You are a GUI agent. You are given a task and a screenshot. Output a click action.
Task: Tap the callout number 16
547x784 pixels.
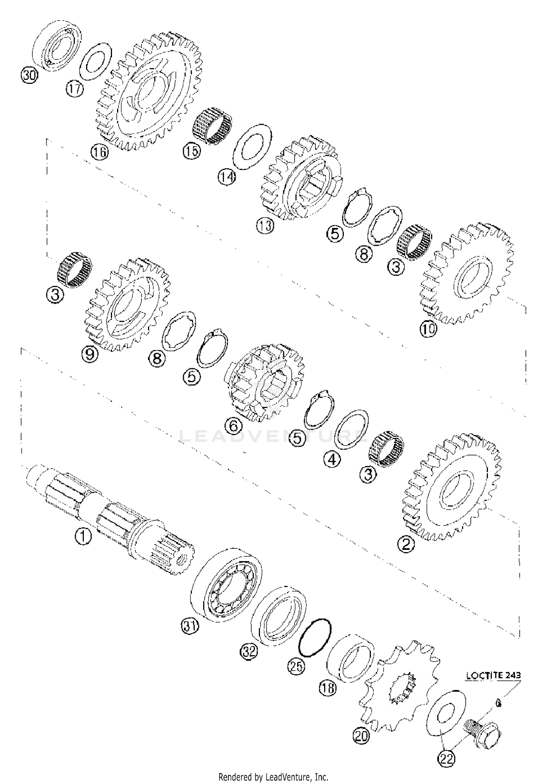pyautogui.click(x=100, y=152)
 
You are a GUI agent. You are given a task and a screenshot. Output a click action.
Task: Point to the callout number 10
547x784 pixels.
pyautogui.click(x=428, y=329)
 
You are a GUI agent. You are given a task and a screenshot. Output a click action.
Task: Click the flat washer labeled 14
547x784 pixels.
pyautogui.click(x=252, y=147)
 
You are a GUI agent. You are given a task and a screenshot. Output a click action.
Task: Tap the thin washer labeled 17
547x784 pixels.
pyautogui.click(x=95, y=61)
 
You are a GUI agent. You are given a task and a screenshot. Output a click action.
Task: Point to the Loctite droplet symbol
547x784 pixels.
pyautogui.click(x=499, y=702)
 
